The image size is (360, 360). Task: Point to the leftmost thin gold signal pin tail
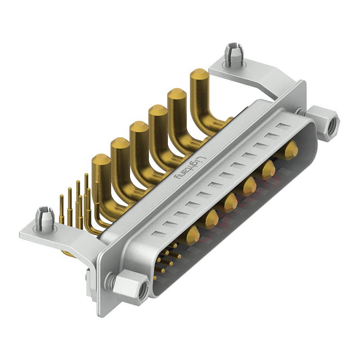tap(61, 209)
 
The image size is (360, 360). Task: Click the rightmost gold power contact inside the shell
tap(291, 150)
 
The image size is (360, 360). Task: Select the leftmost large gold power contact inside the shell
tap(192, 235)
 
